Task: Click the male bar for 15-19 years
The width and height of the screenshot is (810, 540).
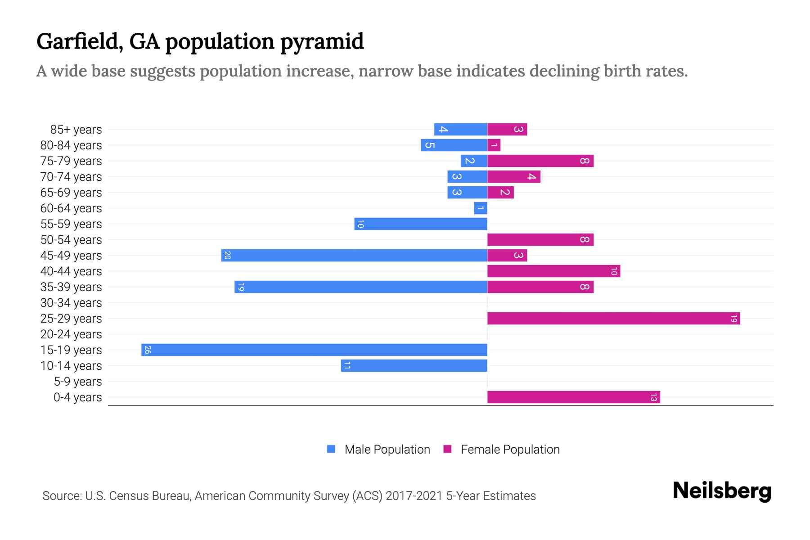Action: click(x=314, y=350)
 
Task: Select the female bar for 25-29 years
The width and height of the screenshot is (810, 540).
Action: click(x=613, y=318)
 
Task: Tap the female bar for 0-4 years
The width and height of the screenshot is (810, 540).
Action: click(x=573, y=397)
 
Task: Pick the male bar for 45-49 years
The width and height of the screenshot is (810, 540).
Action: click(x=354, y=255)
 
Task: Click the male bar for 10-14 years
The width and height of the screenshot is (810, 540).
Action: click(x=414, y=365)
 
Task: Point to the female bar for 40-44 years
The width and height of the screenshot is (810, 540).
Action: click(x=553, y=271)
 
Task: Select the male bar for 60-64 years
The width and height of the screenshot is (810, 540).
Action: click(x=481, y=208)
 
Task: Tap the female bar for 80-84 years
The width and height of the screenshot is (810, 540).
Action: click(x=494, y=145)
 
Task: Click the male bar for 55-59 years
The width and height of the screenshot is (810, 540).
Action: click(x=421, y=224)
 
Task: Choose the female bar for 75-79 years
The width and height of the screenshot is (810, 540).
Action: click(x=540, y=161)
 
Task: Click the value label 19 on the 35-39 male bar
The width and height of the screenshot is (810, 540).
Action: click(x=241, y=287)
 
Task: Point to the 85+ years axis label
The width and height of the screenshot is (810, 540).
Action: click(x=76, y=130)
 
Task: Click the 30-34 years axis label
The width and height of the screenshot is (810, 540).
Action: click(x=71, y=303)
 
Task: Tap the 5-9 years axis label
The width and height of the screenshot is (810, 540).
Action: click(x=78, y=382)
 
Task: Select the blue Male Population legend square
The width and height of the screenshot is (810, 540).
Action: click(x=331, y=449)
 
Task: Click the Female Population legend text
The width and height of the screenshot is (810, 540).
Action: click(x=510, y=450)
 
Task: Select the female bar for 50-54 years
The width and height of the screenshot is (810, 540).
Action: click(x=540, y=239)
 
